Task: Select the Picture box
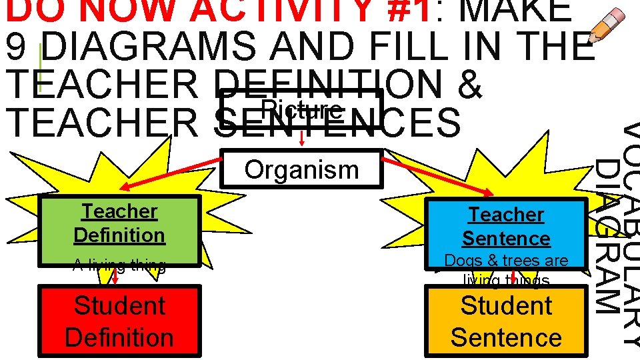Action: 301,109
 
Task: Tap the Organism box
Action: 301,169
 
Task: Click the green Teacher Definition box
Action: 119,223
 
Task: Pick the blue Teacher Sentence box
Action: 506,226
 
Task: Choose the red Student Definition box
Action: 119,321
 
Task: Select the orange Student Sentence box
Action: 506,321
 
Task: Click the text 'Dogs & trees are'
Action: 506,261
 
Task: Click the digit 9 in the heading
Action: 21,46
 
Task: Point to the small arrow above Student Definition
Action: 115,276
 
